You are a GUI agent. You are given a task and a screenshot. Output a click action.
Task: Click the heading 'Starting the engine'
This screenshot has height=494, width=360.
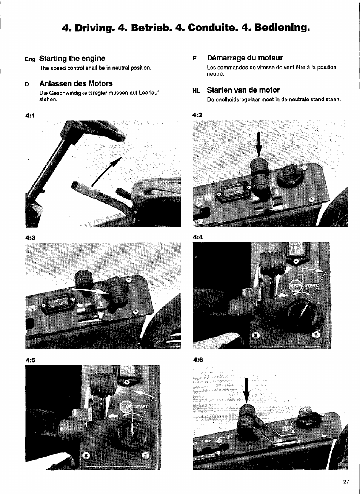point(72,58)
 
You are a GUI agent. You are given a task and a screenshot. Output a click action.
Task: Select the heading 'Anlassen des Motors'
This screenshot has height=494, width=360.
point(76,83)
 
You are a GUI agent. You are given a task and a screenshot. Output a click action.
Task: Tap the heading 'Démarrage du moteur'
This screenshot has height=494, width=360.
point(245,58)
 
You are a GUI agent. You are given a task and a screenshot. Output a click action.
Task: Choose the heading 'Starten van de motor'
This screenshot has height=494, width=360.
point(243,90)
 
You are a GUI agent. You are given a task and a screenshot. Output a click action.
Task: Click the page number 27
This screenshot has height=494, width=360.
point(346,482)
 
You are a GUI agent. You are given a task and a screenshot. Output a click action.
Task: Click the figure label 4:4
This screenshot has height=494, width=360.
point(198,238)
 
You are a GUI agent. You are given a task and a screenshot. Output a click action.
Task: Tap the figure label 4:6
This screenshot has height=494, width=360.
point(198,360)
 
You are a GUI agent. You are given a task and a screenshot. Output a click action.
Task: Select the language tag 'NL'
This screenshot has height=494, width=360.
point(196,91)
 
